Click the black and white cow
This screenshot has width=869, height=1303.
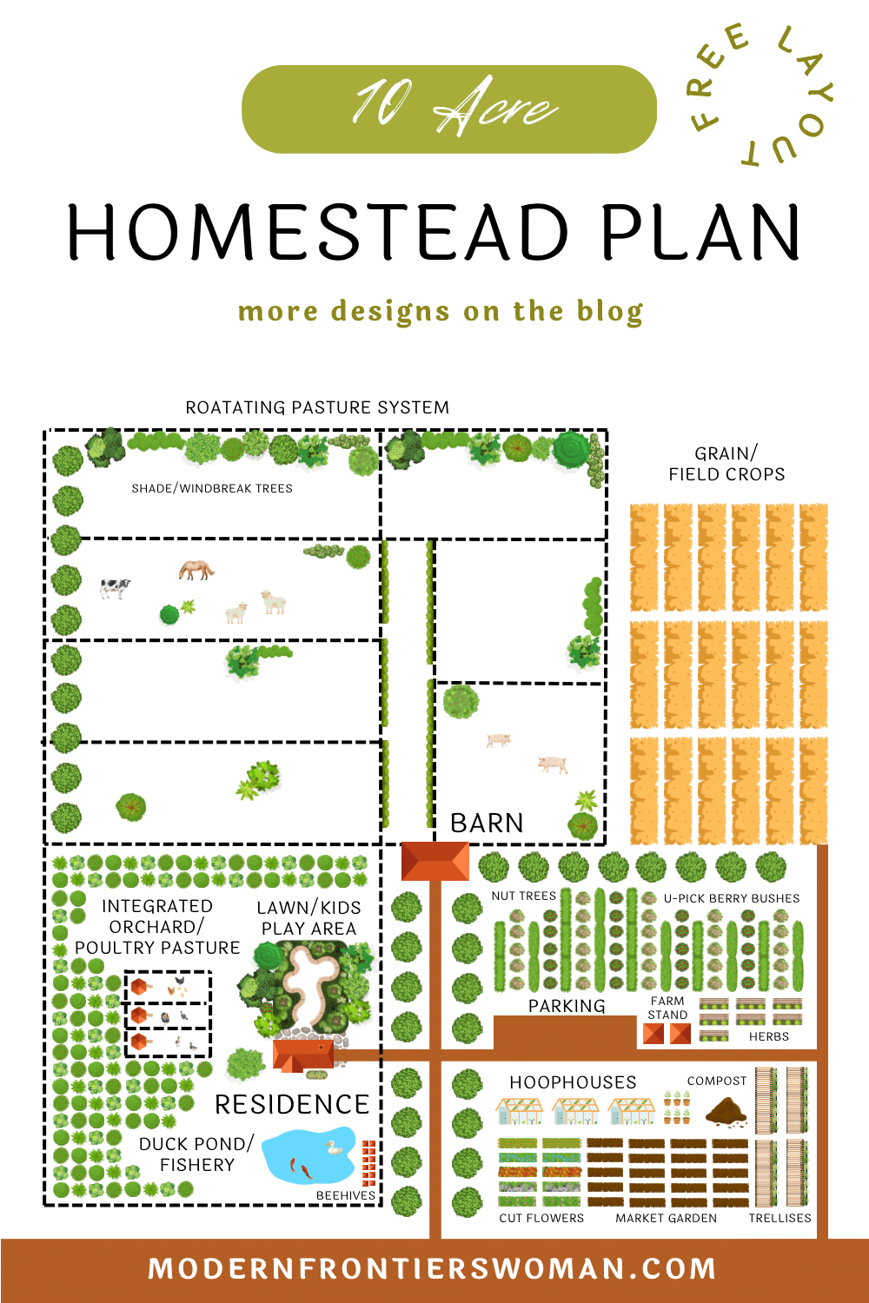tap(115, 588)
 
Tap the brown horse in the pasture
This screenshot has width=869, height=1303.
tap(196, 570)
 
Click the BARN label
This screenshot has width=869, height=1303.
tap(487, 823)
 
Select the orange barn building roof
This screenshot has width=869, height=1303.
tap(434, 861)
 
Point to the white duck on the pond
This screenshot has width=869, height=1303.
tap(334, 1148)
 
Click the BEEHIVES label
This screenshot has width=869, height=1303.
tap(345, 1195)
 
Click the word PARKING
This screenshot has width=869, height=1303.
tap(567, 1006)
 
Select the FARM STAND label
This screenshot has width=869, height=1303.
tap(667, 1008)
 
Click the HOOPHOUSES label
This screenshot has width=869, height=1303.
tap(573, 1081)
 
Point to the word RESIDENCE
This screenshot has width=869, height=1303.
tap(292, 1104)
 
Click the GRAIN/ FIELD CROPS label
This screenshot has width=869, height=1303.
tap(726, 464)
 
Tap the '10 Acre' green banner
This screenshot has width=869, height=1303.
tap(448, 109)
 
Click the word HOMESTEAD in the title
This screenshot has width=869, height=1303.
tap(318, 233)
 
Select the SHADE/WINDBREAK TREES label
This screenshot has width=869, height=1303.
tap(212, 488)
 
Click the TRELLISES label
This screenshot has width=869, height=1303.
tap(779, 1218)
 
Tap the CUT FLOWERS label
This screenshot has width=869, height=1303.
tap(541, 1218)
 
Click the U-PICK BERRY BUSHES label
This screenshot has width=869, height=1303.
tap(732, 898)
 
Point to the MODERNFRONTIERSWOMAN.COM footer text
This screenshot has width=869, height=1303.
tap(432, 1269)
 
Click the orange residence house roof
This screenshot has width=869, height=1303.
tap(303, 1055)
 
